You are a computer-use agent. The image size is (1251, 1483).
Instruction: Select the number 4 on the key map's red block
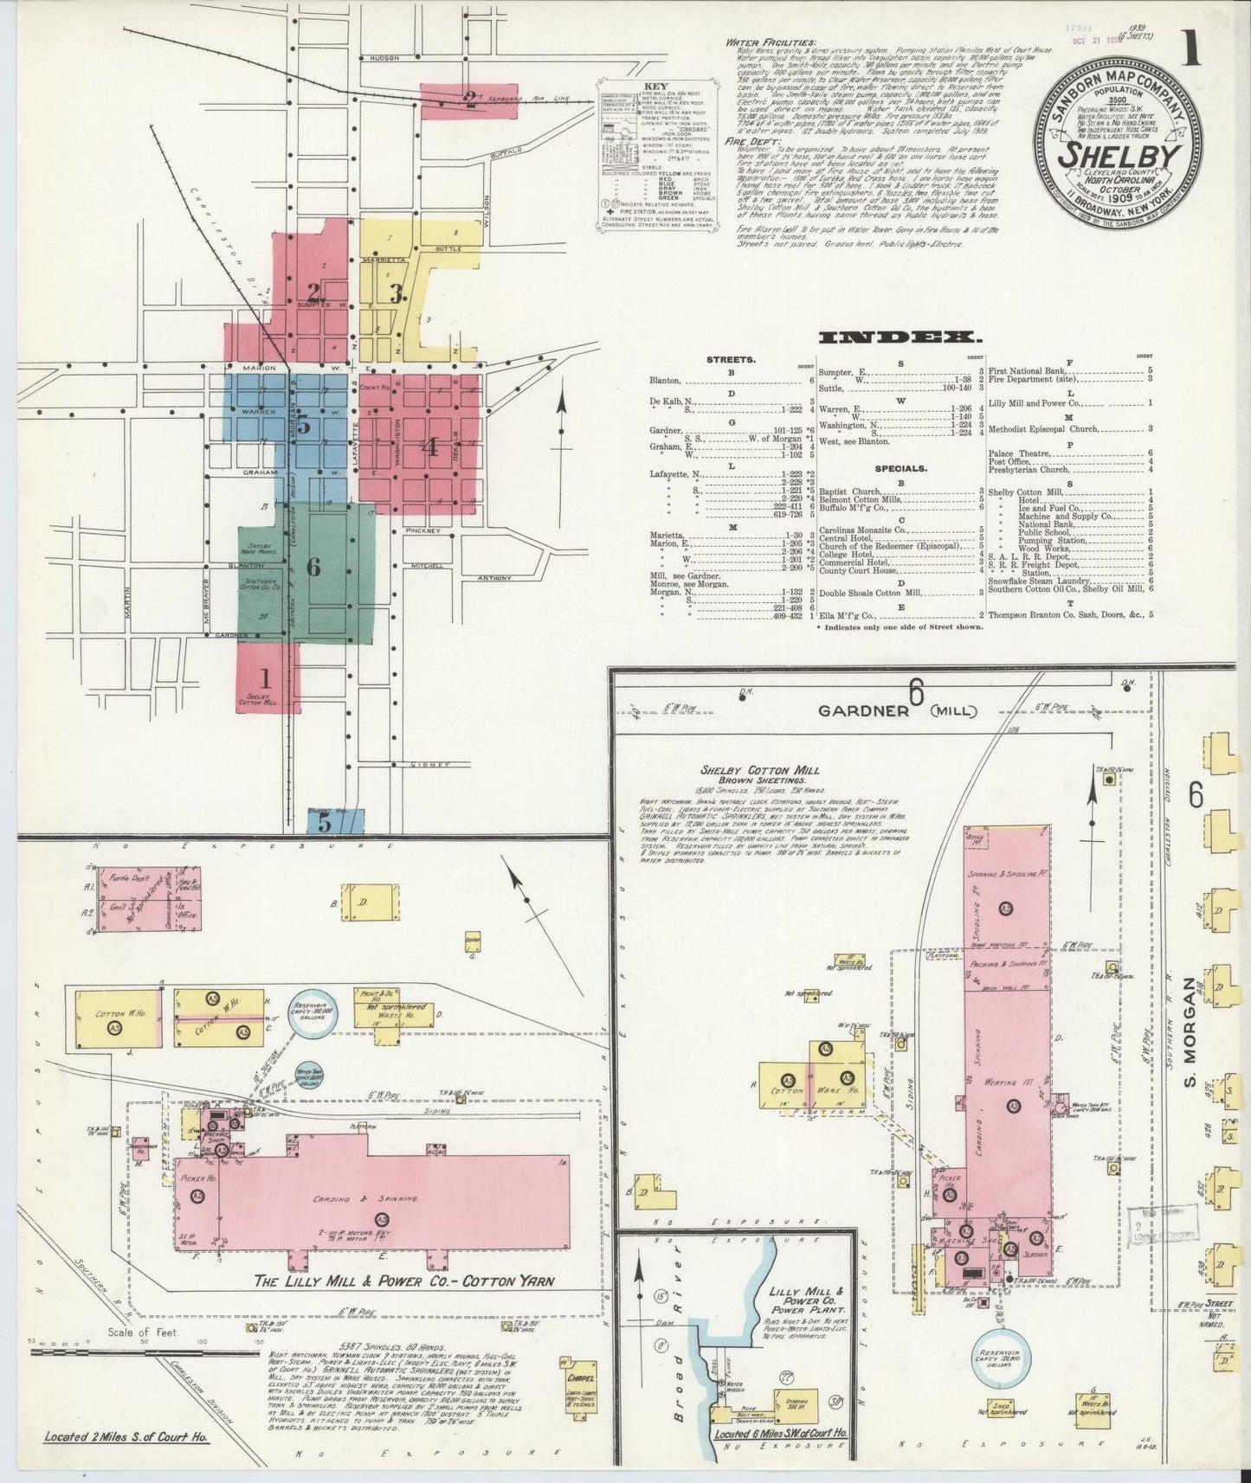(429, 446)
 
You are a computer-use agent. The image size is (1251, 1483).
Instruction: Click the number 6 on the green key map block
(313, 567)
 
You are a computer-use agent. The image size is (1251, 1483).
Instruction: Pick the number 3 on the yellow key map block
(396, 292)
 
